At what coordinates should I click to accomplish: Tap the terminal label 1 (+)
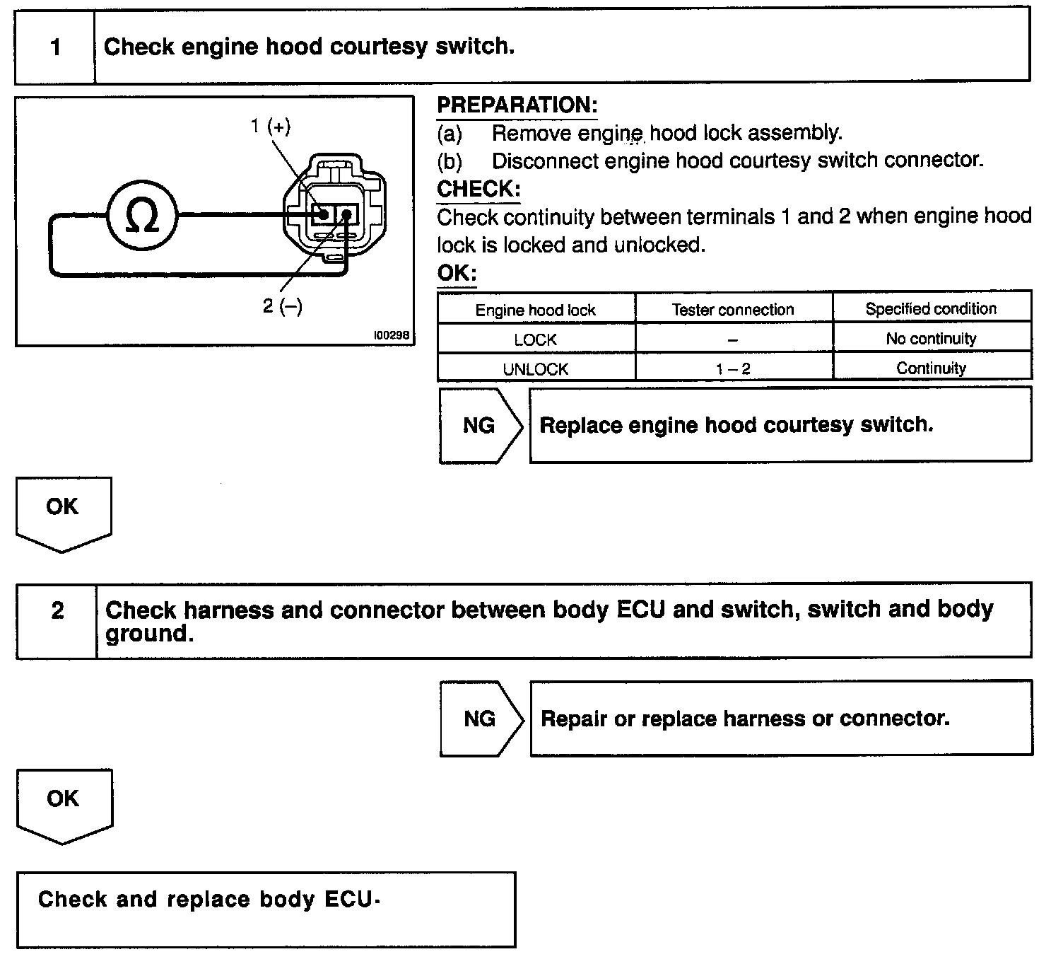tap(270, 127)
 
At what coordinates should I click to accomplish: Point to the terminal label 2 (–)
tap(282, 306)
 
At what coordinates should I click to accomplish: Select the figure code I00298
tap(392, 335)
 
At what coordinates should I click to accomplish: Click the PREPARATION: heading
tap(517, 105)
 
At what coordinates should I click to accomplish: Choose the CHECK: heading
tap(478, 190)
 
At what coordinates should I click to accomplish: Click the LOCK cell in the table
tap(535, 339)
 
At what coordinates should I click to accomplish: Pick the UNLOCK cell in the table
tap(535, 369)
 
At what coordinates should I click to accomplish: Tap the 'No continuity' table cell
tap(931, 339)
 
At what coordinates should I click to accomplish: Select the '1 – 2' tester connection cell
tap(733, 369)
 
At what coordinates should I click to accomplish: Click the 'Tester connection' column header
tap(733, 310)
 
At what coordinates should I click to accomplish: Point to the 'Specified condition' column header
tap(931, 309)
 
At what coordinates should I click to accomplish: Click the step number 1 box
tap(55, 47)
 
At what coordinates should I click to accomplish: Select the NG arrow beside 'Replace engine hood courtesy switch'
tap(479, 425)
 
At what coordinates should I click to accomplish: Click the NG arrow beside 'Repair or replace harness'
tap(480, 719)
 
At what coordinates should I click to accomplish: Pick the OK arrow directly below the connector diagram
tap(63, 511)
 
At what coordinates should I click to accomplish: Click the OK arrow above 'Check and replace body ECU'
tap(64, 803)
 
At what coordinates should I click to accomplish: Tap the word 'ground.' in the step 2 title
tap(149, 634)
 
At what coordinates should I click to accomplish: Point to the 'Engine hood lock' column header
tap(535, 310)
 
